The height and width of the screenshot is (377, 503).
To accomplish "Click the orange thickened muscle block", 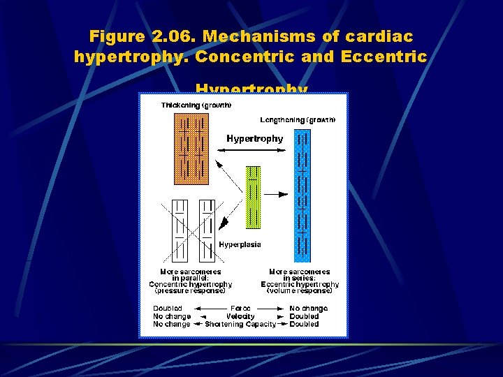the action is pyautogui.click(x=191, y=147).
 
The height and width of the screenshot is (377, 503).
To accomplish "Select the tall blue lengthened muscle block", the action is pyautogui.click(x=302, y=195).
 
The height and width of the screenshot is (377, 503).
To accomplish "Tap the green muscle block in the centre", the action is pyautogui.click(x=253, y=197).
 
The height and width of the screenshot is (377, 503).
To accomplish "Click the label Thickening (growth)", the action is pyautogui.click(x=196, y=105).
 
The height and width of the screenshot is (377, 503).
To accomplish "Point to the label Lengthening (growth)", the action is pyautogui.click(x=298, y=120).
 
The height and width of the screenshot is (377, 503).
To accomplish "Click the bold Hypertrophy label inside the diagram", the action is pyautogui.click(x=254, y=139).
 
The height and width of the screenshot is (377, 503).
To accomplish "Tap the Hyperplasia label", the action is pyautogui.click(x=240, y=245).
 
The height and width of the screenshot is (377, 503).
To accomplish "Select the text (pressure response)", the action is pyautogui.click(x=190, y=291).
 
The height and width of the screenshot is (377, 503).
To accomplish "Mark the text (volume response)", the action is pyautogui.click(x=299, y=291).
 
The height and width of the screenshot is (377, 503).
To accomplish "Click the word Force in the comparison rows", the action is pyautogui.click(x=240, y=309).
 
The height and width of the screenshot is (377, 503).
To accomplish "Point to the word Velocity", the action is pyautogui.click(x=240, y=316).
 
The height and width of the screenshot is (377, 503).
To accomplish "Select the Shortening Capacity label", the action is pyautogui.click(x=240, y=324).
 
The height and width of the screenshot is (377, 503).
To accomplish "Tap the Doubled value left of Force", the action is pyautogui.click(x=168, y=309).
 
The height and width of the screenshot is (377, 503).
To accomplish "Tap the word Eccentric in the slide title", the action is pyautogui.click(x=384, y=57).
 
